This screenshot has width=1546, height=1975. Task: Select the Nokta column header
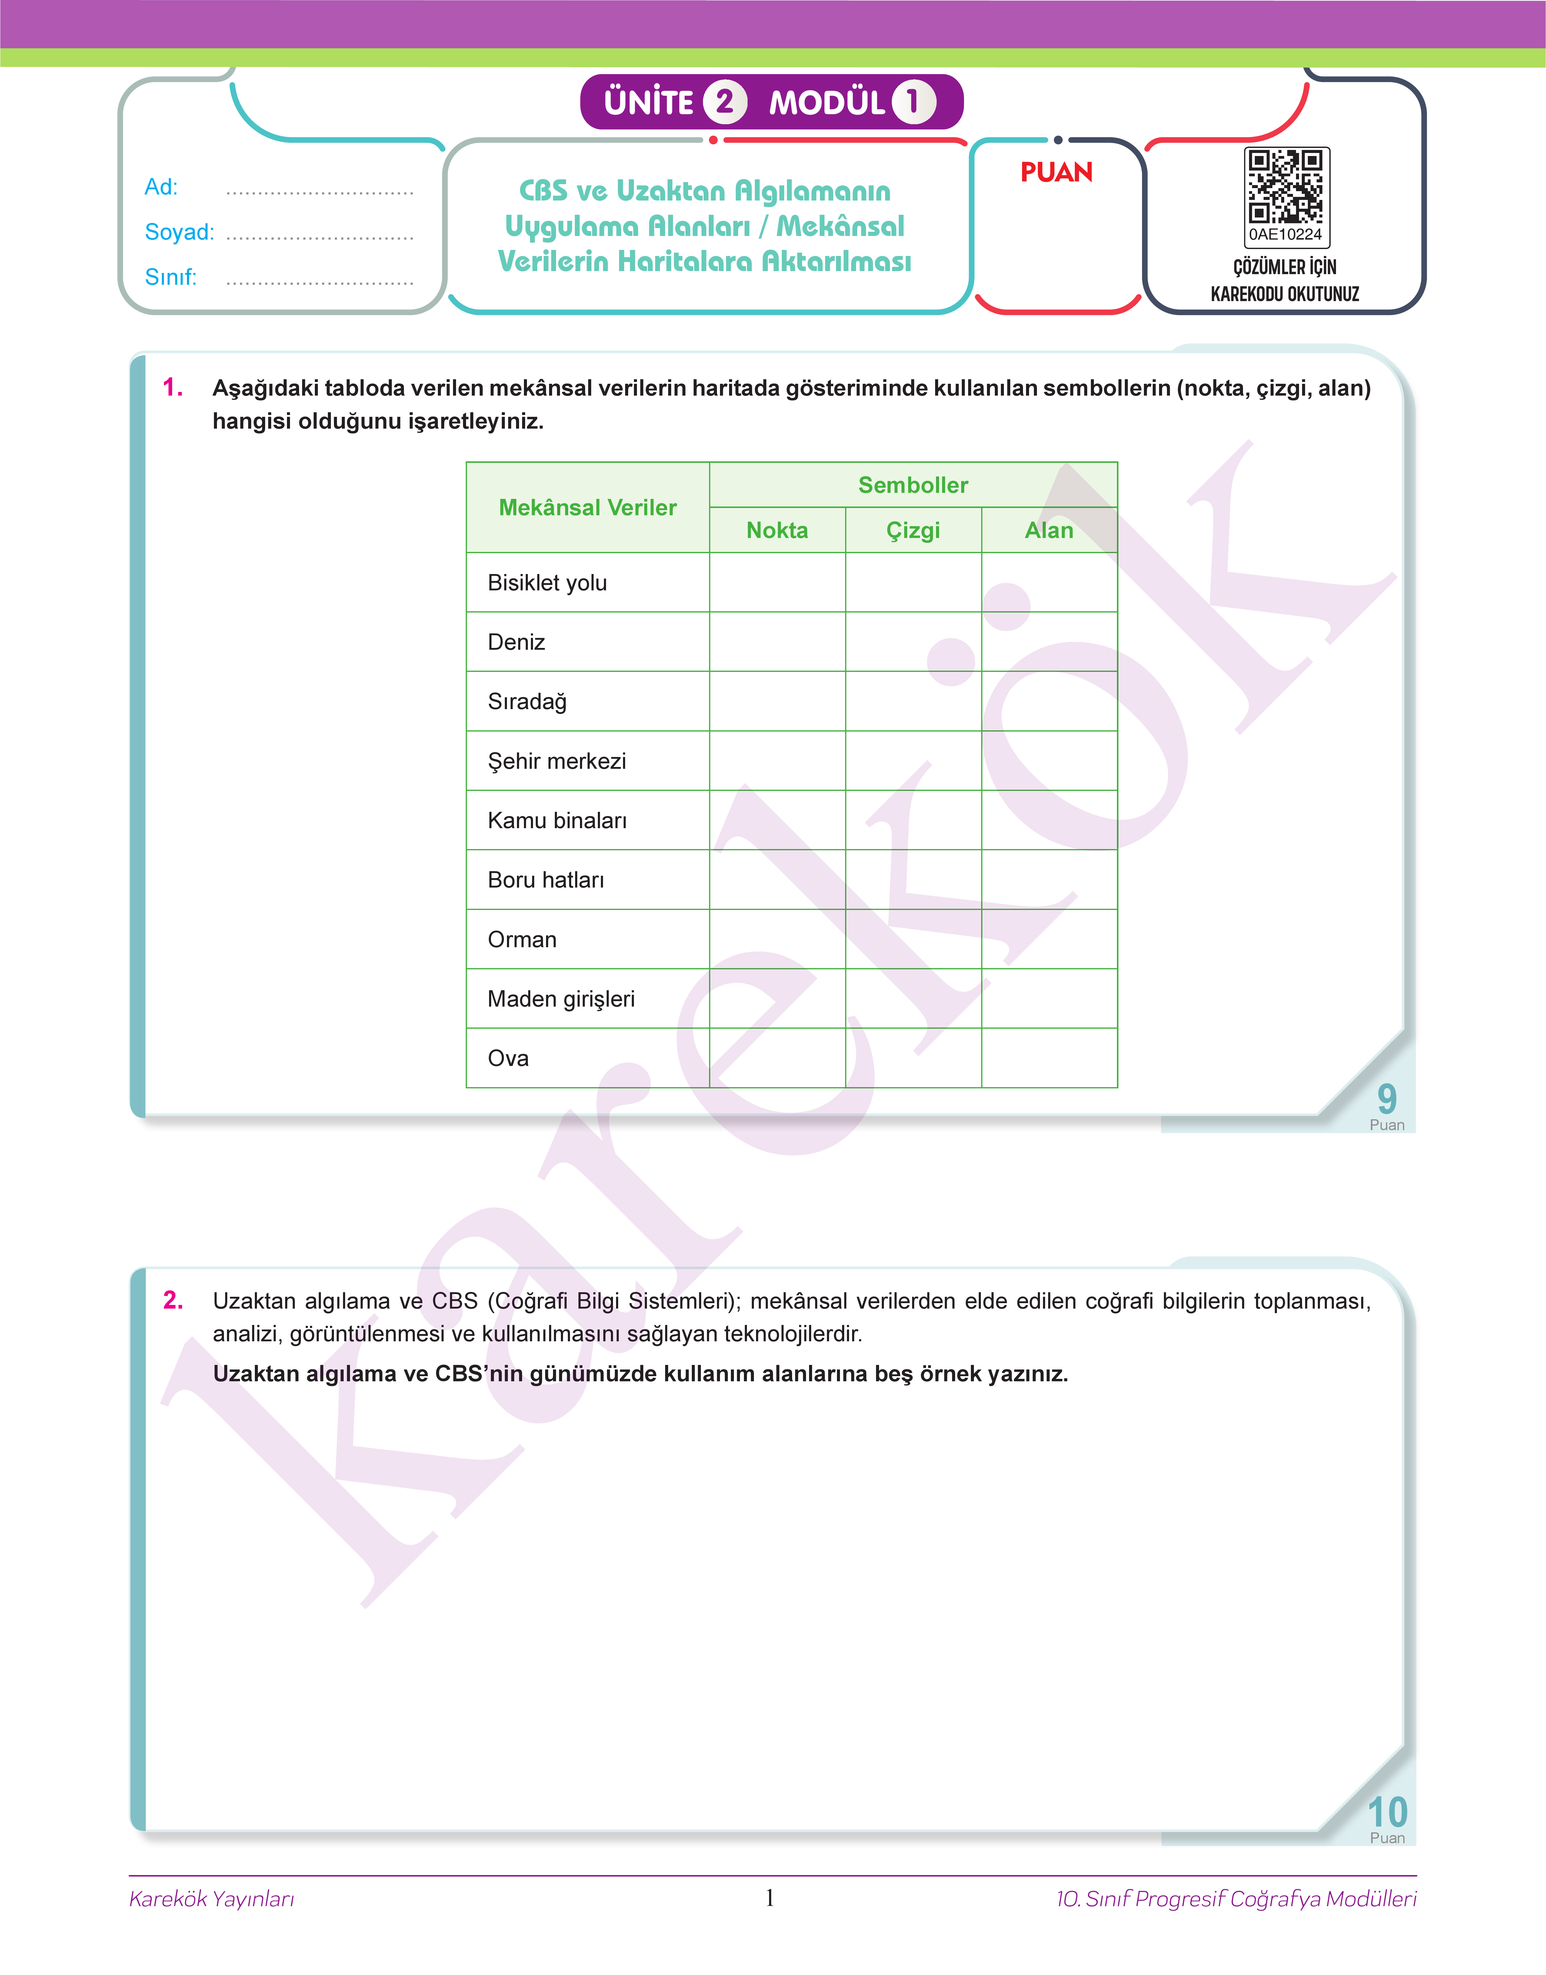(x=777, y=530)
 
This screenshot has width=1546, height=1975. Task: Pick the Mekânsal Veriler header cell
(x=588, y=508)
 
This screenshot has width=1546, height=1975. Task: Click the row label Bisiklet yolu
(x=547, y=583)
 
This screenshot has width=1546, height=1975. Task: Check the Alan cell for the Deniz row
(x=1049, y=642)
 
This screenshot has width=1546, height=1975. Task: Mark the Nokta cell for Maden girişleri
(x=777, y=999)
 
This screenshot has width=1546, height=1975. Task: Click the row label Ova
(x=508, y=1058)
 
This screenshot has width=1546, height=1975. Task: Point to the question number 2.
(x=173, y=1300)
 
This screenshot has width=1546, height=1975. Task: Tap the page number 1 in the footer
(x=769, y=1897)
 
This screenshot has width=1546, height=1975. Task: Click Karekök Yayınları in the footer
(x=212, y=1898)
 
